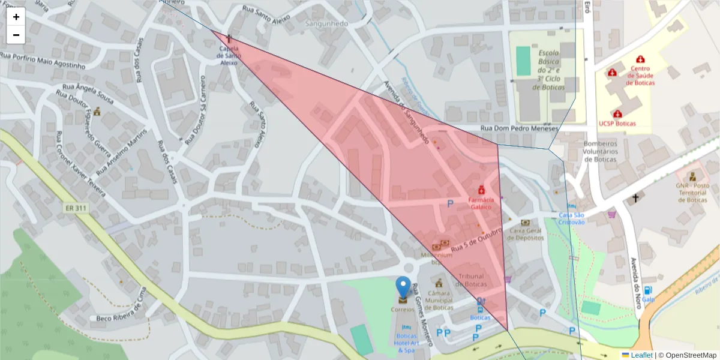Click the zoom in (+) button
(16, 17)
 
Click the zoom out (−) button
(16, 35)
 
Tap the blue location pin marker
(404, 289)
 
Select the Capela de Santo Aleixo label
(229, 55)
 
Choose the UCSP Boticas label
(617, 123)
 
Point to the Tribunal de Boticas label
(472, 280)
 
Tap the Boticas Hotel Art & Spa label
(406, 343)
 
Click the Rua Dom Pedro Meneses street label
(520, 128)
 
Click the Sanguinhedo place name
(327, 23)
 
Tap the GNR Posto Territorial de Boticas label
(692, 193)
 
